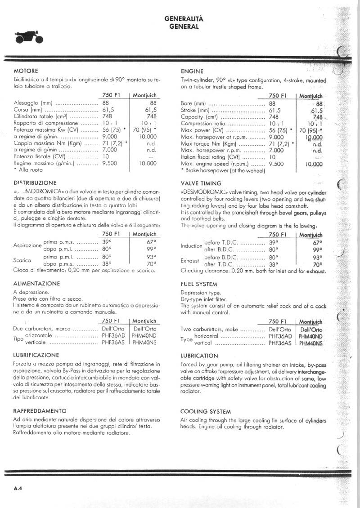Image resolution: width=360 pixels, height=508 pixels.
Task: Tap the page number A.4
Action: pyautogui.click(x=18, y=488)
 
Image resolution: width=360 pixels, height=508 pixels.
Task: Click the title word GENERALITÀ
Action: pyautogui.click(x=184, y=19)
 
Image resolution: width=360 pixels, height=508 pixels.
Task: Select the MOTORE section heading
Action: pyautogui.click(x=26, y=71)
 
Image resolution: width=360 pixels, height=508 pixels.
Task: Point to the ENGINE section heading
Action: pyautogui.click(x=192, y=71)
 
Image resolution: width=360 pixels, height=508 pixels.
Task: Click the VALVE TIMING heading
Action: pyautogui.click(x=201, y=183)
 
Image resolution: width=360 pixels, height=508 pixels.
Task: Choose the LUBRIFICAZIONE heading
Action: pyautogui.click(x=36, y=355)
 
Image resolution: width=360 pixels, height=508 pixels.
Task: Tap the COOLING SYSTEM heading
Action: pyautogui.click(x=206, y=411)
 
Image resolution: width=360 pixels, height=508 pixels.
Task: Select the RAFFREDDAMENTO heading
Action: pyautogui.click(x=40, y=411)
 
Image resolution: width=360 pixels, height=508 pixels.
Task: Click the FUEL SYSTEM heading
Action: pyautogui.click(x=199, y=284)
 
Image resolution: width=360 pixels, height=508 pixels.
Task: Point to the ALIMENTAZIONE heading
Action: pyautogui.click(x=37, y=284)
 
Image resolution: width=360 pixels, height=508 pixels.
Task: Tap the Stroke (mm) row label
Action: pyautogui.click(x=195, y=110)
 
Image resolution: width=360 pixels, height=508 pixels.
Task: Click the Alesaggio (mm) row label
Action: pyautogui.click(x=34, y=103)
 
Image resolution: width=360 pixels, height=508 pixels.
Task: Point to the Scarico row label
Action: pyautogui.click(x=22, y=260)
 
